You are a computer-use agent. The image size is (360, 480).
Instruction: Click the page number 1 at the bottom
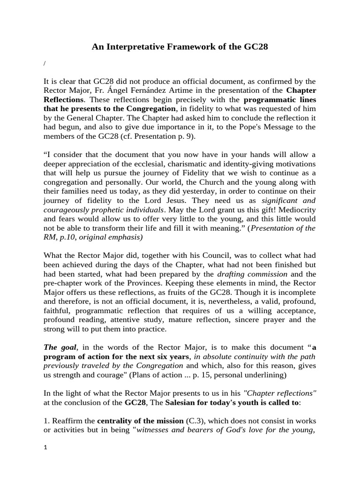tap(45, 447)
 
